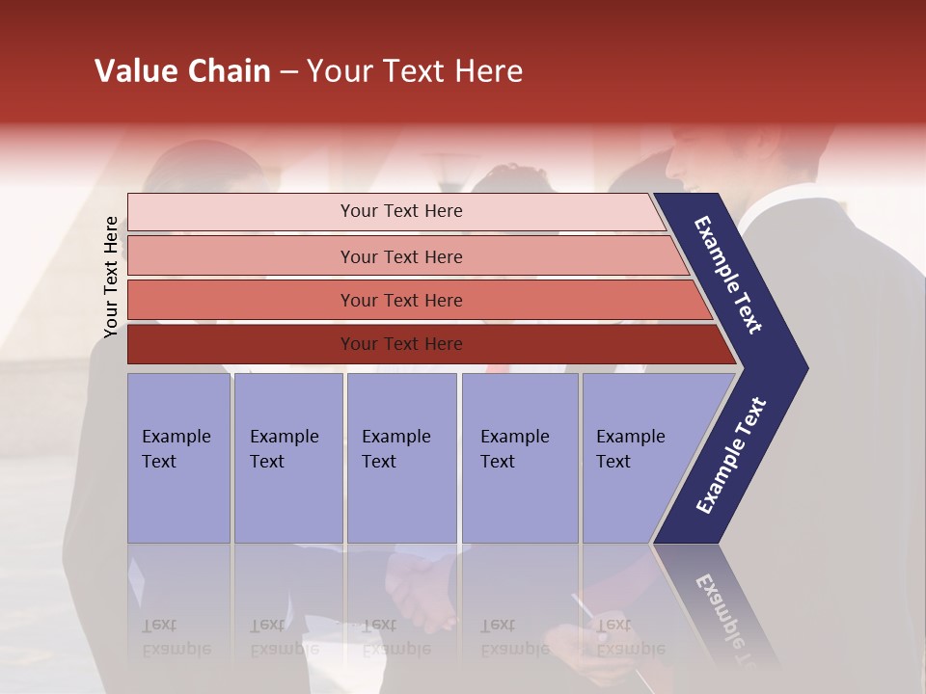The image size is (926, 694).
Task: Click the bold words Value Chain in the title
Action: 182,71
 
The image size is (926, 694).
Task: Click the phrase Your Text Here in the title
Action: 415,71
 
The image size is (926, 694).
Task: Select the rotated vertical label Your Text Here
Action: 111,277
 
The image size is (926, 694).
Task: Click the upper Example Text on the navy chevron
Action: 729,275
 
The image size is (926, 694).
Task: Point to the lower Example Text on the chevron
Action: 730,456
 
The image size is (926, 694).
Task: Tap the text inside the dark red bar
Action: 401,344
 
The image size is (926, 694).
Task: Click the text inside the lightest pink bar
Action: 401,211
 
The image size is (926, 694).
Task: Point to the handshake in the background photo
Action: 420,588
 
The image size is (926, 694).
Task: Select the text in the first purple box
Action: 176,449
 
